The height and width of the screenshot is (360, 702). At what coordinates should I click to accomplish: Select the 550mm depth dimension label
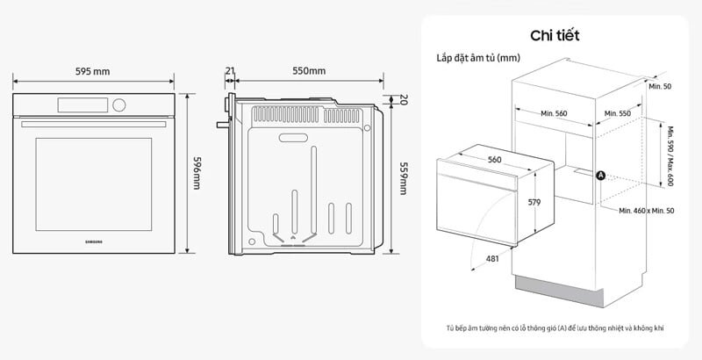(307, 71)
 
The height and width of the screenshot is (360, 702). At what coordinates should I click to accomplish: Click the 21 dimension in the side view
(230, 71)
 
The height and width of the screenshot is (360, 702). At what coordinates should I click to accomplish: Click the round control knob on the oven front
(118, 106)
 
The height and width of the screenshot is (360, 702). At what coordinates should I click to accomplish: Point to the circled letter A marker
(601, 176)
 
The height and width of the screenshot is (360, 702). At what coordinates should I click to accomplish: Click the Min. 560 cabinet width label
(554, 114)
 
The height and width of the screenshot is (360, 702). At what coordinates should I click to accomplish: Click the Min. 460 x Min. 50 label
(646, 212)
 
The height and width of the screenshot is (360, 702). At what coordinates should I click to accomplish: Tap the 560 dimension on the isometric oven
(494, 160)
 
